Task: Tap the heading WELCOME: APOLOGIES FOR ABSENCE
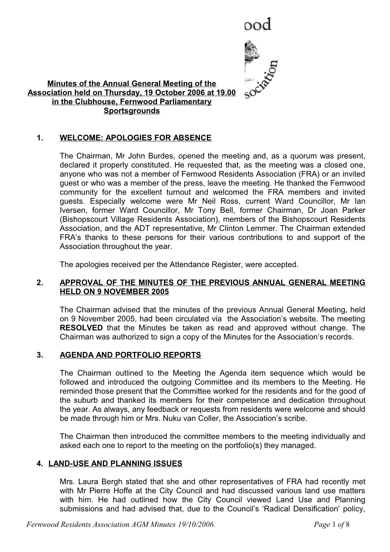(x=135, y=138)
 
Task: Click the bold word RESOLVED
(x=81, y=328)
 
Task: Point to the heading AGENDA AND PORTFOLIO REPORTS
(x=130, y=355)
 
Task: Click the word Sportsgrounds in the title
(x=132, y=111)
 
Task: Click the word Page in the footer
(x=321, y=526)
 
